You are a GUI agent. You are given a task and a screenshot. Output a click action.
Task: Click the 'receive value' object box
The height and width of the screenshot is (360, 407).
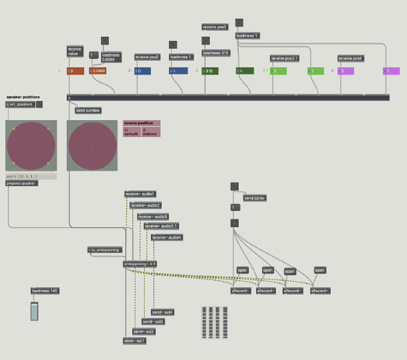(75, 52)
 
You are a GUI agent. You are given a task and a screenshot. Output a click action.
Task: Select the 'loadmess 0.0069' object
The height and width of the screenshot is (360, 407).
(111, 58)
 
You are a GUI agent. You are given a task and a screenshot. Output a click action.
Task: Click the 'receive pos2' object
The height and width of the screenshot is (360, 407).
(147, 57)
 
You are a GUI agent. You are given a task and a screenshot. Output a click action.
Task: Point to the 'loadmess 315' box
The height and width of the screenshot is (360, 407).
(216, 53)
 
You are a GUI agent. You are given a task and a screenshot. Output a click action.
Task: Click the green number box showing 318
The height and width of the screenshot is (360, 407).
(210, 71)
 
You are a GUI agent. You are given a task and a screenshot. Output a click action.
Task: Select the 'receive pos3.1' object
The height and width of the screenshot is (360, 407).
(284, 58)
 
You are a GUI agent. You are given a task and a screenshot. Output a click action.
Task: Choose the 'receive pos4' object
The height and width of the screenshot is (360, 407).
(350, 58)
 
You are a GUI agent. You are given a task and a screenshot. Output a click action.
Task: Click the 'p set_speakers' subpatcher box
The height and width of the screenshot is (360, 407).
(20, 104)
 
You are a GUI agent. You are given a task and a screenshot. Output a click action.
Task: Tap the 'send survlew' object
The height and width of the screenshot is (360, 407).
(88, 111)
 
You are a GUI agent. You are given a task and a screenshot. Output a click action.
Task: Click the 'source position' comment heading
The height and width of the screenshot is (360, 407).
(141, 123)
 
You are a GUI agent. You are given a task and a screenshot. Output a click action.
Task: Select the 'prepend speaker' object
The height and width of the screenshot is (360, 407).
(22, 183)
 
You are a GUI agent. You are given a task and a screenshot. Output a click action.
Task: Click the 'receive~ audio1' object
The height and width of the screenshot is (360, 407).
(141, 194)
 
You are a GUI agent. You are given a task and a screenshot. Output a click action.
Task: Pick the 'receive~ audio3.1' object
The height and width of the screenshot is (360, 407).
(161, 226)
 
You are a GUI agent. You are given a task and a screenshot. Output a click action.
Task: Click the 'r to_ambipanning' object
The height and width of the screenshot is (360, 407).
(105, 249)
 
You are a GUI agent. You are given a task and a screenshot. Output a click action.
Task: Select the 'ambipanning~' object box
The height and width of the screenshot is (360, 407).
(140, 264)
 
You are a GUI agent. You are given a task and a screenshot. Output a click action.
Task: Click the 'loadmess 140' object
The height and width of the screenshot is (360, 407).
(45, 291)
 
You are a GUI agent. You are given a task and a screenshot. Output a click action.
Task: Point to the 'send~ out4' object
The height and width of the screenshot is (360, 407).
(162, 312)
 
